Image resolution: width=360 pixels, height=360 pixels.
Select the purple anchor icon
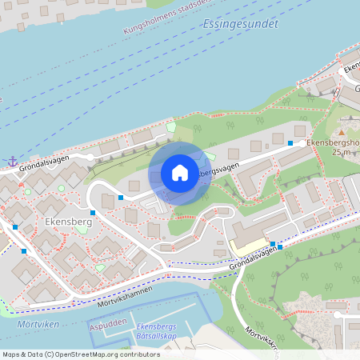[x=12, y=161]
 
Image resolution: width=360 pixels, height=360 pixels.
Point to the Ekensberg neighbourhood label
[x=69, y=222]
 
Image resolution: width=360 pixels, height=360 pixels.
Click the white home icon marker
[x=180, y=173]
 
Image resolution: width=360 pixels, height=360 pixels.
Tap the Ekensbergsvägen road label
[x=215, y=169]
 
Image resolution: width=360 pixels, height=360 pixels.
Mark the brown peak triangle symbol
[x=342, y=132]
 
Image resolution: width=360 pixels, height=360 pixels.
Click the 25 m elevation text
[x=342, y=152]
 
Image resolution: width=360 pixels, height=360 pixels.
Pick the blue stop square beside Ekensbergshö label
[x=290, y=142]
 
